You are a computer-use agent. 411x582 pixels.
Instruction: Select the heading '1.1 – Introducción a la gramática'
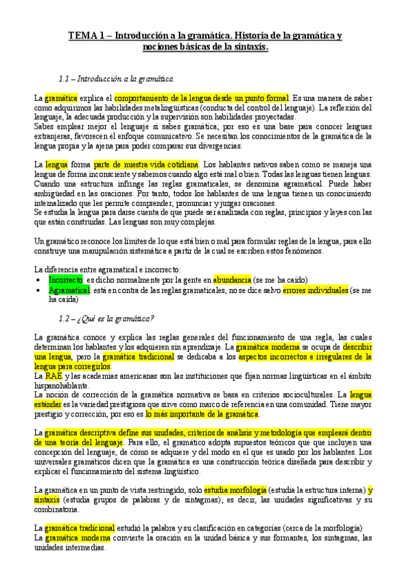[117, 79]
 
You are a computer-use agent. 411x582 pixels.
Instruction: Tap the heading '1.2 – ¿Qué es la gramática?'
[106, 318]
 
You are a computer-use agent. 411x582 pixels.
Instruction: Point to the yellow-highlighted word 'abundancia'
[232, 280]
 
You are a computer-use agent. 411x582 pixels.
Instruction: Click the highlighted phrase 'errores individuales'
[315, 290]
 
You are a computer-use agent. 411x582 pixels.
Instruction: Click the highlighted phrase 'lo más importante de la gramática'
[202, 415]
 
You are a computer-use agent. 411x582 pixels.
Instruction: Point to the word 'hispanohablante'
[60, 386]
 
